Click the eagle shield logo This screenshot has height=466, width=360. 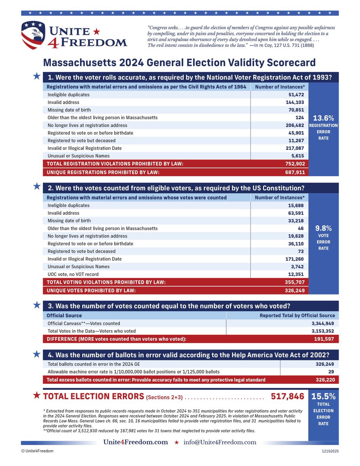34,35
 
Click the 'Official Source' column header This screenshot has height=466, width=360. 64,316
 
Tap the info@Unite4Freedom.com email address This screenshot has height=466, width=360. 220,442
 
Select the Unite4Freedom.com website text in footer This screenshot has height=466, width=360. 136,442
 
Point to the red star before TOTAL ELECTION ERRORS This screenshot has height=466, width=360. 37,396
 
